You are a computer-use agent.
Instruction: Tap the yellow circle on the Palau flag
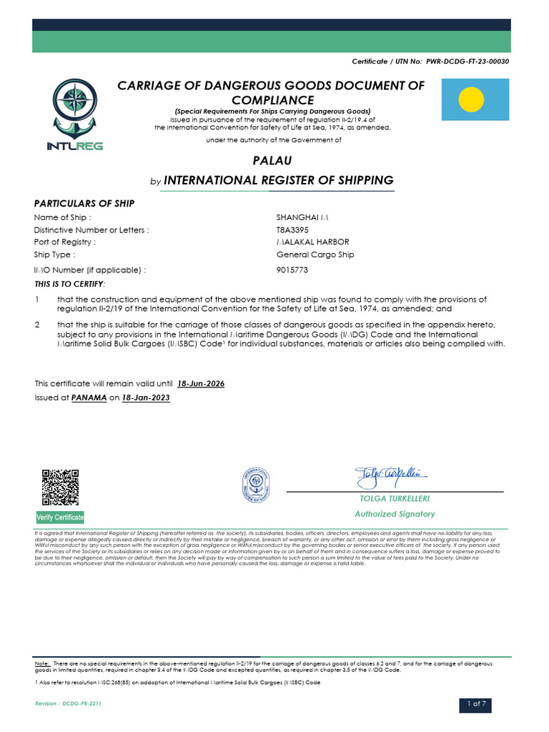tap(472, 99)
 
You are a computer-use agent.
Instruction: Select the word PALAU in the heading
tap(271, 161)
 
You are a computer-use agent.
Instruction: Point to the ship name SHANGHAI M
tap(302, 217)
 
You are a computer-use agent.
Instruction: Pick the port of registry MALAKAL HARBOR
tap(312, 242)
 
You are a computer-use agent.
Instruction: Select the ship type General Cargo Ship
tap(315, 254)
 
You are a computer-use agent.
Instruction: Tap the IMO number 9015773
tap(292, 270)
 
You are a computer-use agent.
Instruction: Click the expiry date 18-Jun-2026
tap(201, 384)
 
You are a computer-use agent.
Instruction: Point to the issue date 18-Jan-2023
tap(147, 397)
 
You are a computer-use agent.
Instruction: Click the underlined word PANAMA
tap(89, 397)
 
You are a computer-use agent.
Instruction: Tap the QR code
tap(59, 488)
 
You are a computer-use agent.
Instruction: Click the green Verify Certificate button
tap(60, 517)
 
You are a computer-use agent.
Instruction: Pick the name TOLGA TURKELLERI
tap(395, 498)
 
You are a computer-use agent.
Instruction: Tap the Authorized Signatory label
tap(395, 514)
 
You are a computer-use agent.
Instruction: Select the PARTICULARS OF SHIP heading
tap(84, 204)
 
